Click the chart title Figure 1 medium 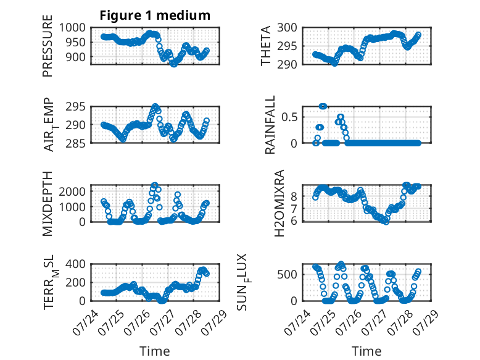pyautogui.click(x=155, y=15)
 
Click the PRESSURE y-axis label pyautogui.click(x=48, y=46)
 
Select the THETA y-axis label pyautogui.click(x=266, y=46)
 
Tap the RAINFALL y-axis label pyautogui.click(x=270, y=125)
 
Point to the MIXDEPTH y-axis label pyautogui.click(x=48, y=204)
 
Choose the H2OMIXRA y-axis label pyautogui.click(x=279, y=203)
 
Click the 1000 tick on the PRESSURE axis pyautogui.click(x=72, y=28)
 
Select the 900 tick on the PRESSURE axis pyautogui.click(x=75, y=57)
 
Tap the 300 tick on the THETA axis pyautogui.click(x=287, y=28)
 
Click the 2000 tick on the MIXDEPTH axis pyautogui.click(x=72, y=191)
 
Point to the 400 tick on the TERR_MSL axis pyautogui.click(x=75, y=264)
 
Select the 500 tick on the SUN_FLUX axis pyautogui.click(x=287, y=275)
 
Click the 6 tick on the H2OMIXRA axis pyautogui.click(x=294, y=221)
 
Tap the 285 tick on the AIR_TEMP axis pyautogui.click(x=75, y=143)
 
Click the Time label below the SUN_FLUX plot pyautogui.click(x=366, y=351)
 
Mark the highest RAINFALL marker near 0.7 pyautogui.click(x=323, y=106)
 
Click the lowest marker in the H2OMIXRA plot pyautogui.click(x=386, y=222)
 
